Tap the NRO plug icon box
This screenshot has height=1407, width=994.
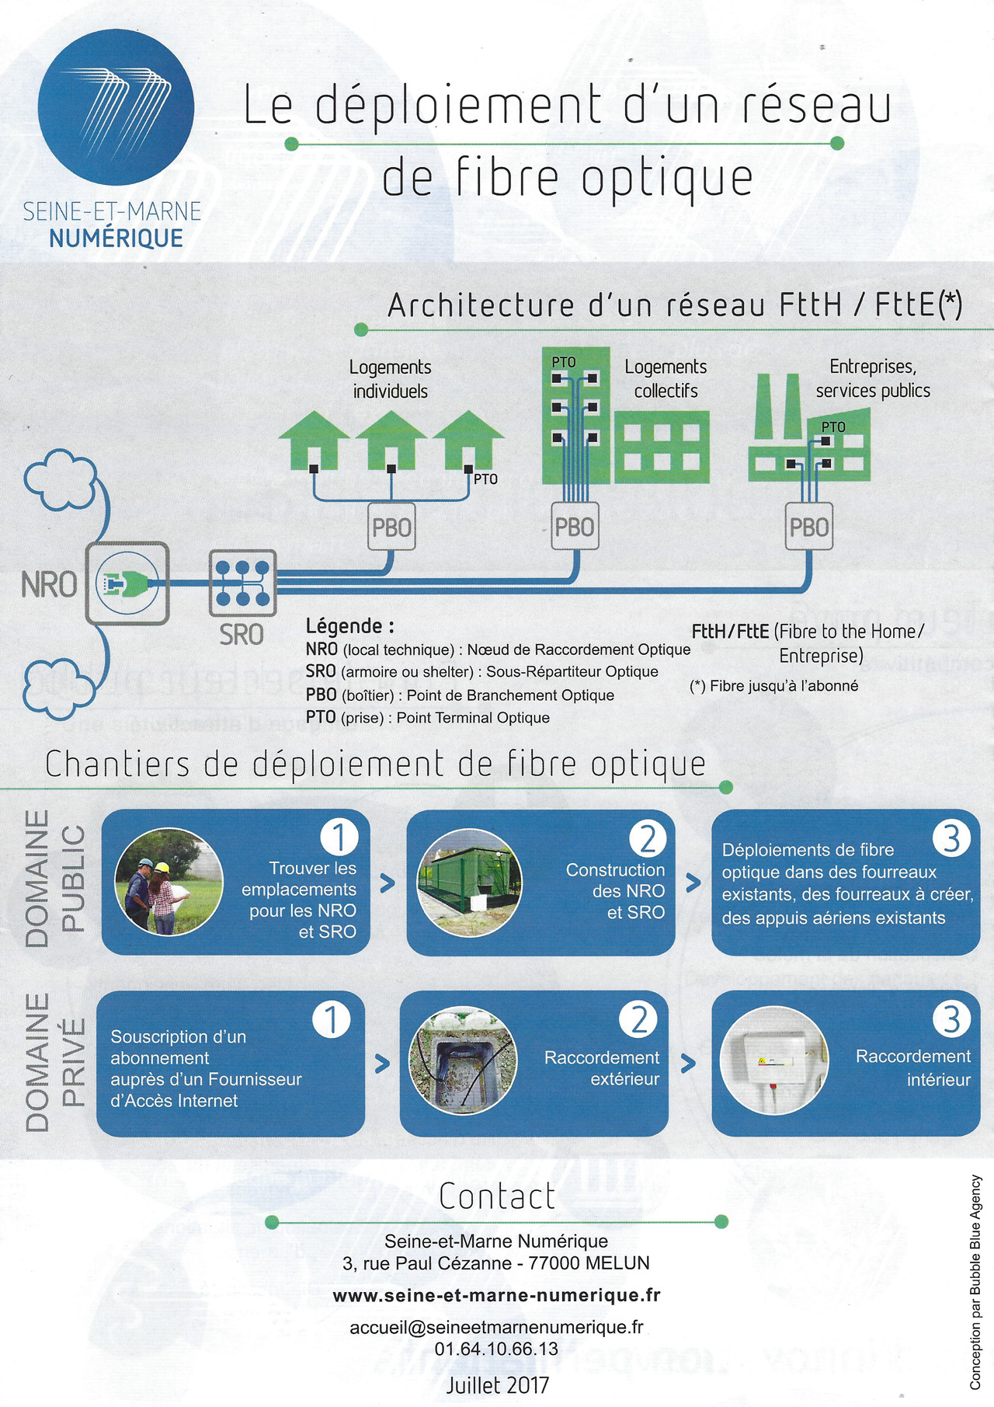pos(127,583)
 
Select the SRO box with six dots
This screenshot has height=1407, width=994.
pos(243,583)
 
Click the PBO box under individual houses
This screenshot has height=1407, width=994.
pos(391,528)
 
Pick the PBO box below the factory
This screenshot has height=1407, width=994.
pos(808,528)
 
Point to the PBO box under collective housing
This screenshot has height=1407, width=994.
pos(575,528)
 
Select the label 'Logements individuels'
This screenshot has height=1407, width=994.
pos(390,379)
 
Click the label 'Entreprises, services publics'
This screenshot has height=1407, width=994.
pos(873,378)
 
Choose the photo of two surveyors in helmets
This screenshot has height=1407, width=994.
pos(168,882)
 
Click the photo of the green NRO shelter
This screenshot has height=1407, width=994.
pos(468,883)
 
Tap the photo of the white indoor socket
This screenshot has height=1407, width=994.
pos(774,1061)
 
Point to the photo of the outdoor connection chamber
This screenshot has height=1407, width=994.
pos(463,1061)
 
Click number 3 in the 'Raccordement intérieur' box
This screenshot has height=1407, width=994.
pos(952,1019)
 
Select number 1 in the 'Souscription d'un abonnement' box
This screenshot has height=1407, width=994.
pos(332,1019)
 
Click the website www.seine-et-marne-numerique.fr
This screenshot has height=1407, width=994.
pos(496,1295)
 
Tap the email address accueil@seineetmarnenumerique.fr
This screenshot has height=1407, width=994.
pos(496,1327)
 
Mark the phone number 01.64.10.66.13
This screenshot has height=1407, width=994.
pos(496,1349)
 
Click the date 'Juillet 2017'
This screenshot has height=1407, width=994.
pos(497,1384)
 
